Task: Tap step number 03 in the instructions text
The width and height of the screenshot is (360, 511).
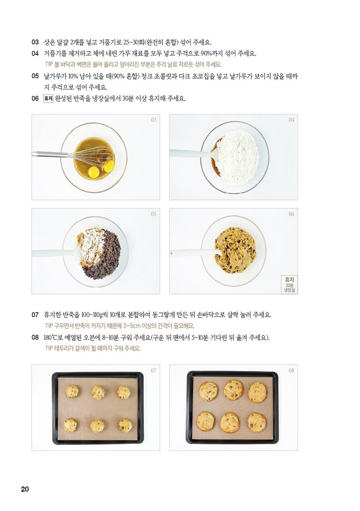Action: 35,42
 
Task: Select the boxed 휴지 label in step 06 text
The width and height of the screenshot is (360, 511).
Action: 48,99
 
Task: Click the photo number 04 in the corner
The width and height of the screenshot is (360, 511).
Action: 291,120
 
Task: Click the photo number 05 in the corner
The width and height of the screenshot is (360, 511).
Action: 154,214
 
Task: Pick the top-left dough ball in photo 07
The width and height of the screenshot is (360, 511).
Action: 72,391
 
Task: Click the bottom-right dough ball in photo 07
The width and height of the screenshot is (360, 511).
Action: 125,425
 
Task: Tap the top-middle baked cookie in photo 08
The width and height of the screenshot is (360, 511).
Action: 233,389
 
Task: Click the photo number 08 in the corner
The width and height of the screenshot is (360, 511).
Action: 291,370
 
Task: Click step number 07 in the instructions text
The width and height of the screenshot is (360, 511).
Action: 35,315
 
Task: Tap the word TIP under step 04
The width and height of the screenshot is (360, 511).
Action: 48,65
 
